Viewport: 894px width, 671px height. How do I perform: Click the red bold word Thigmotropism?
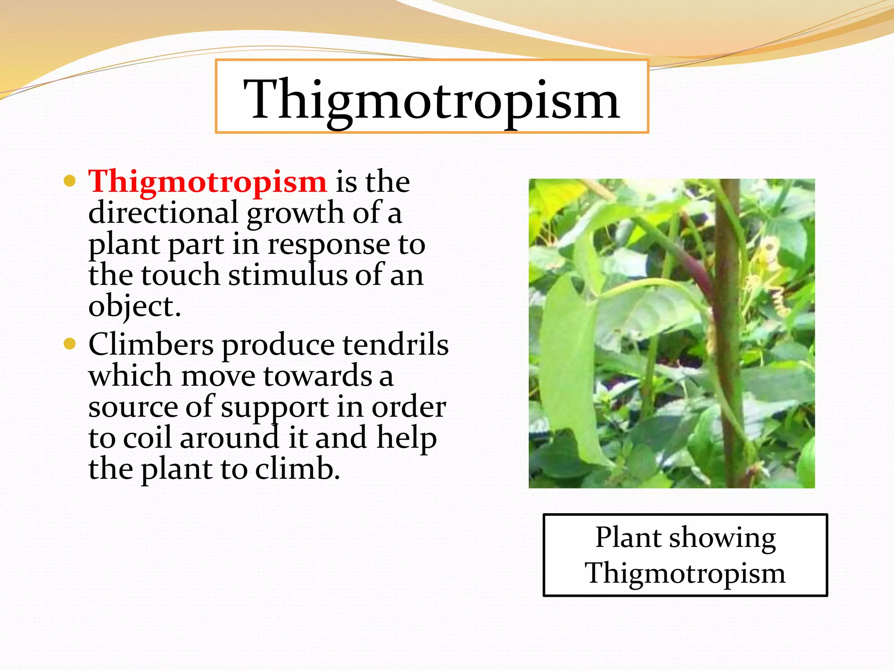[x=207, y=181]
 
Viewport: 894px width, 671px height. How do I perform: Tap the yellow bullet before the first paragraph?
[x=70, y=181]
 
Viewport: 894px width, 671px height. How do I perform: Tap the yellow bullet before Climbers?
[x=70, y=344]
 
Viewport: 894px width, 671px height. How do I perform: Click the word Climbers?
[x=151, y=345]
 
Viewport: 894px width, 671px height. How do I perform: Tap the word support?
[x=274, y=408]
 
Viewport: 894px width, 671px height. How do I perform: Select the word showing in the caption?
[x=722, y=537]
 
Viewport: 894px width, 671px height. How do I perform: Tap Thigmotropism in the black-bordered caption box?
[x=685, y=573]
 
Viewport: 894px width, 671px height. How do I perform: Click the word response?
[x=328, y=244]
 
